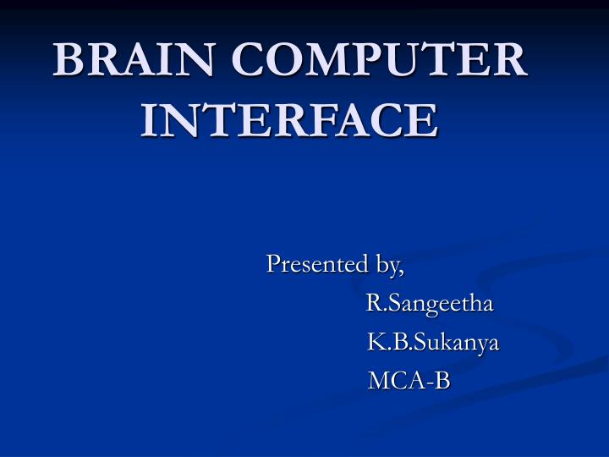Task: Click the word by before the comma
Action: tap(388, 267)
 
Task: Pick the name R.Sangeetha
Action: tap(431, 305)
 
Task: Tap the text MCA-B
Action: tap(409, 382)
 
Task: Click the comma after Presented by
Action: tap(403, 272)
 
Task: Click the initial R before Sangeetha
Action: tap(373, 303)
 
